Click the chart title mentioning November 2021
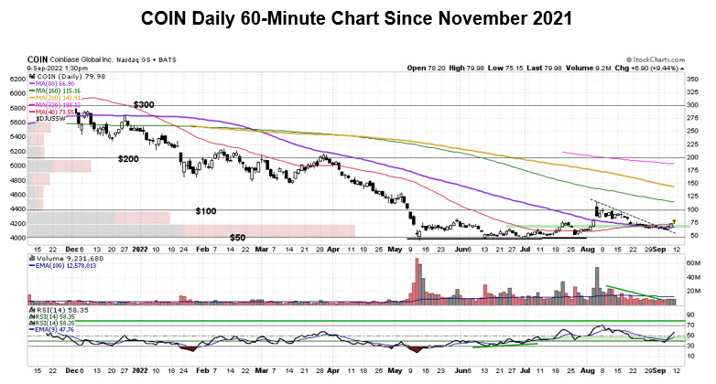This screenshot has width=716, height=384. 357,18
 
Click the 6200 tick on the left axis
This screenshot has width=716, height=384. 16,80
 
